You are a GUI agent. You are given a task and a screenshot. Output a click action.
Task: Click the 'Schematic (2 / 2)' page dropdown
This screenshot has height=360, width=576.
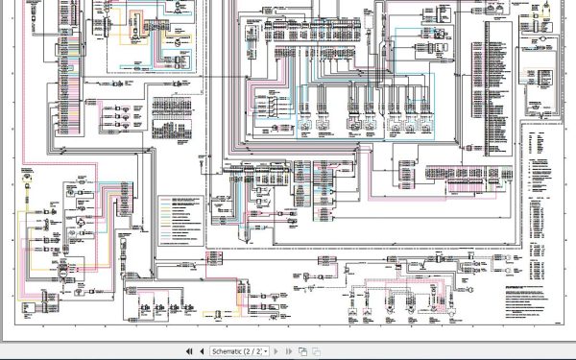pos(240,351)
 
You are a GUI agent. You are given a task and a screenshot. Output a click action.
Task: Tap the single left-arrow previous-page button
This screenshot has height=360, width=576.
pos(202,351)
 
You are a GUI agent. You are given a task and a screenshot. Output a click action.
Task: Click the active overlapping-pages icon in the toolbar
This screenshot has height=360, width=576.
pos(302,351)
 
